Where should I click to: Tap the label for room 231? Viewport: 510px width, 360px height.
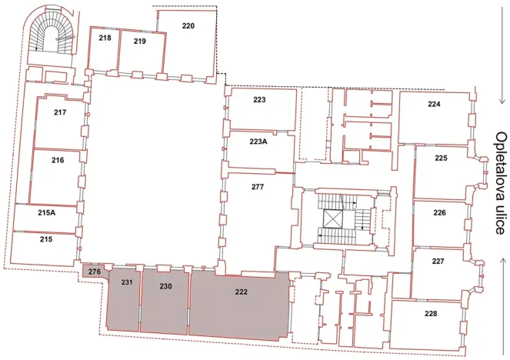(127, 283)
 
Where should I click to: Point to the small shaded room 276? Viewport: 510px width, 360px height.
(95, 271)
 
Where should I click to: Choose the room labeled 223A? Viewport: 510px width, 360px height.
(258, 142)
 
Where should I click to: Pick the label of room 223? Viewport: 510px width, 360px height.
(259, 100)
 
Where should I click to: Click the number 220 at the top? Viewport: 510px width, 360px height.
(188, 25)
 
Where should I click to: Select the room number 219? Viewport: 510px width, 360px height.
(139, 41)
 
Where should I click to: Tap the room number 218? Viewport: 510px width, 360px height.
(105, 38)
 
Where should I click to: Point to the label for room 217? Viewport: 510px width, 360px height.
(60, 112)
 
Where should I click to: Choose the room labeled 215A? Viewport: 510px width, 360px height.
(47, 212)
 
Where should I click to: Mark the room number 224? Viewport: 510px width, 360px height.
(434, 105)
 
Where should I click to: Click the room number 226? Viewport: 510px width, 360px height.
(439, 212)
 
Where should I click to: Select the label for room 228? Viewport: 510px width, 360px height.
(430, 313)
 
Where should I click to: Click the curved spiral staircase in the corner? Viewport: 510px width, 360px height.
(53, 35)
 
